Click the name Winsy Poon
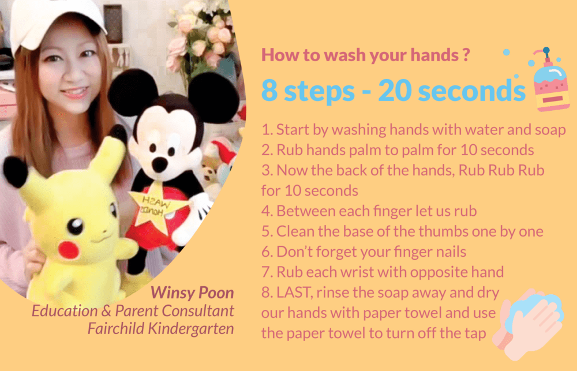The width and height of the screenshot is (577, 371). [x=192, y=293]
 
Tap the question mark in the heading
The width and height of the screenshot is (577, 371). [x=466, y=55]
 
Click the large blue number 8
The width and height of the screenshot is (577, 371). [x=269, y=91]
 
